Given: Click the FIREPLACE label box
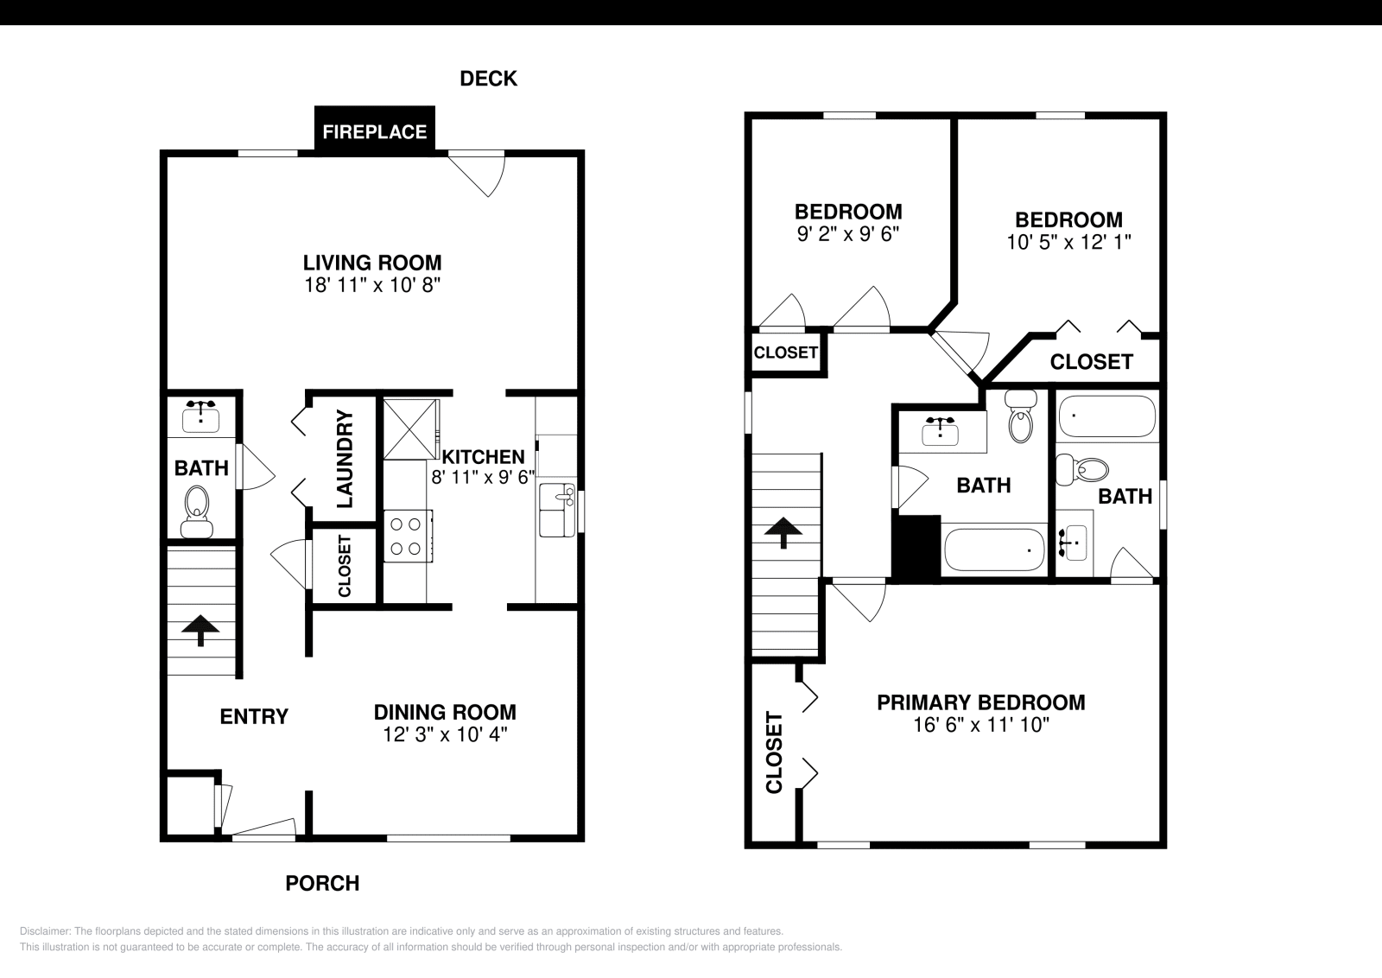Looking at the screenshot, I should (x=374, y=131).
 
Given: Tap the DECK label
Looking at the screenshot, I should (x=488, y=79).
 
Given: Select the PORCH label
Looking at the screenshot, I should (x=322, y=883).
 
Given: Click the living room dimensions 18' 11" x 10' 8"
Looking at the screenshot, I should (x=372, y=285).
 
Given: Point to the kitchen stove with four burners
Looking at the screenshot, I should (x=407, y=536).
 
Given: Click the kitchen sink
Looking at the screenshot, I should (x=557, y=510).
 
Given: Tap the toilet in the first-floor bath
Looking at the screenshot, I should (x=198, y=510).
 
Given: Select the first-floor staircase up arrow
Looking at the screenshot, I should (x=200, y=630).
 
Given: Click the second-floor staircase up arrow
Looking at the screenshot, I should (x=783, y=532).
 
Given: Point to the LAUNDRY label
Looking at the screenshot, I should (x=344, y=459).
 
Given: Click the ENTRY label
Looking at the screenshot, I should (x=254, y=716).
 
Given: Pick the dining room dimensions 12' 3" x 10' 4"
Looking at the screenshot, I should (x=445, y=734).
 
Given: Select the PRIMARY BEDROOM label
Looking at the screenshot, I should (x=980, y=702).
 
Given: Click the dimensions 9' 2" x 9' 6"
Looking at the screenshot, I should (x=847, y=233).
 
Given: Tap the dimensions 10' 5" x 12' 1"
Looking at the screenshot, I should (x=1068, y=242).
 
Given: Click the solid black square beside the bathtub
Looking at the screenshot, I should (x=916, y=547).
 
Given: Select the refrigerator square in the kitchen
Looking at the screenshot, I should (x=410, y=428).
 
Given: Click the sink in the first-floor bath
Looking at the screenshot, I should (x=201, y=416).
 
